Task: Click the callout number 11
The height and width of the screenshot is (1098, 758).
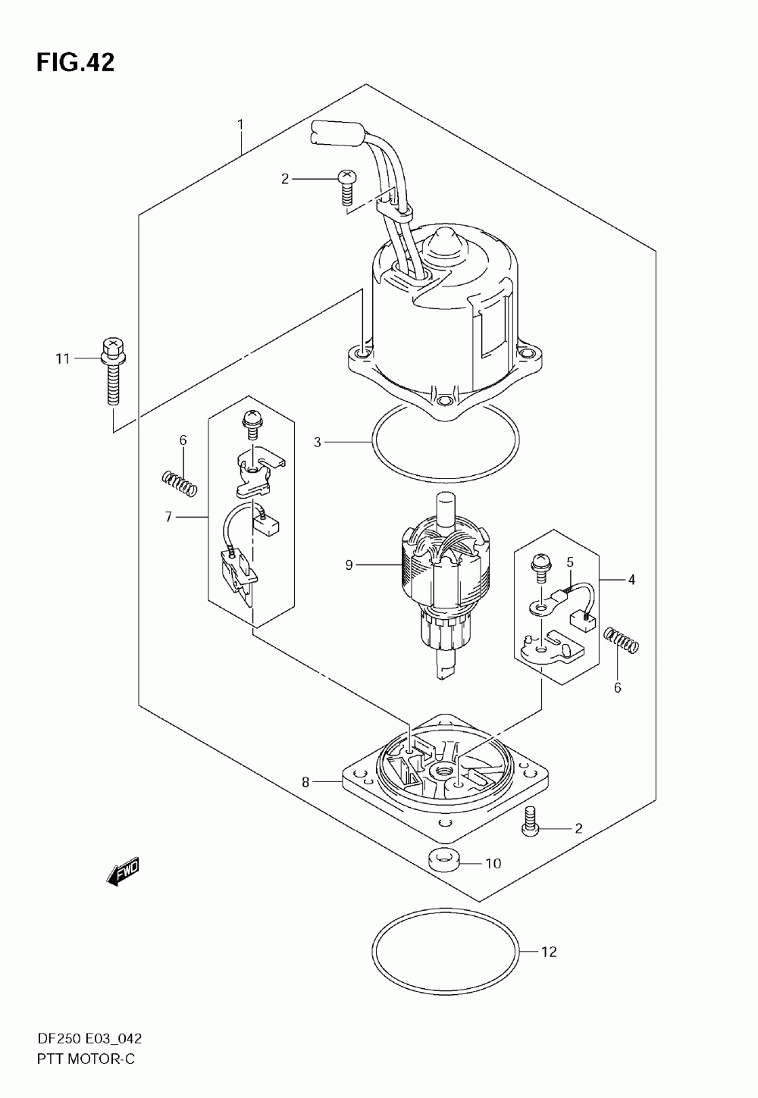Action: (61, 358)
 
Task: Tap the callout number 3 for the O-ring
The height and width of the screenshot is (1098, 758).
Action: (318, 441)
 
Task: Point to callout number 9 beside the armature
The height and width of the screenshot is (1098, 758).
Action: (349, 565)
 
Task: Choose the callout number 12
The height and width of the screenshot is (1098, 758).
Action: (549, 952)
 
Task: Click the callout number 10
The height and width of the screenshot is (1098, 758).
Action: (493, 863)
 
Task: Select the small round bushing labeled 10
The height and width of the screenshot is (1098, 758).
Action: (445, 860)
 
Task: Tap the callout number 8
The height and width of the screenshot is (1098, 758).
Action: (305, 783)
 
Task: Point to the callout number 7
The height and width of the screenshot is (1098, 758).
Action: (168, 517)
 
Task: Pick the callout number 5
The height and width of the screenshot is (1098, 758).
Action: (570, 562)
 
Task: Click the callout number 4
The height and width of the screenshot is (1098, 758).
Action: (631, 580)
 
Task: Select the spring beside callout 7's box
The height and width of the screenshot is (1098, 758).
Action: (180, 483)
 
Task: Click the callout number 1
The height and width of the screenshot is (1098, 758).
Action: (240, 124)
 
